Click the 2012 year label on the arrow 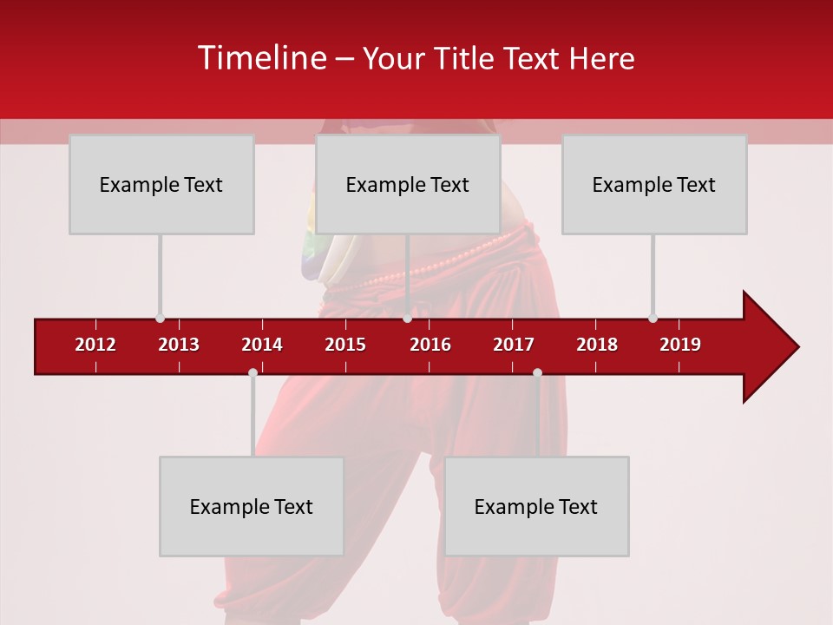[x=95, y=345]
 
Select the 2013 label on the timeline [x=179, y=345]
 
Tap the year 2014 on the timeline [x=262, y=345]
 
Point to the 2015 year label [x=345, y=345]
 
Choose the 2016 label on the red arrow [x=430, y=345]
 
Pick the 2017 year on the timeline [x=514, y=345]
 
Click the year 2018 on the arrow [x=597, y=345]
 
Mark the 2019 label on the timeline [x=680, y=345]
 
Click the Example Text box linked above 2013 [x=161, y=184]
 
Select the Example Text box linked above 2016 [x=408, y=184]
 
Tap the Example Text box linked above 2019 [x=654, y=184]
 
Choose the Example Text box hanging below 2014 [x=252, y=506]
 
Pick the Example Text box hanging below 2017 [x=536, y=506]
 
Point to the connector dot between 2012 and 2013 [x=160, y=319]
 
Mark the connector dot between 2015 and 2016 [x=408, y=319]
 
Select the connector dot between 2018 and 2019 [x=653, y=319]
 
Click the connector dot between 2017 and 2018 [x=537, y=373]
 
